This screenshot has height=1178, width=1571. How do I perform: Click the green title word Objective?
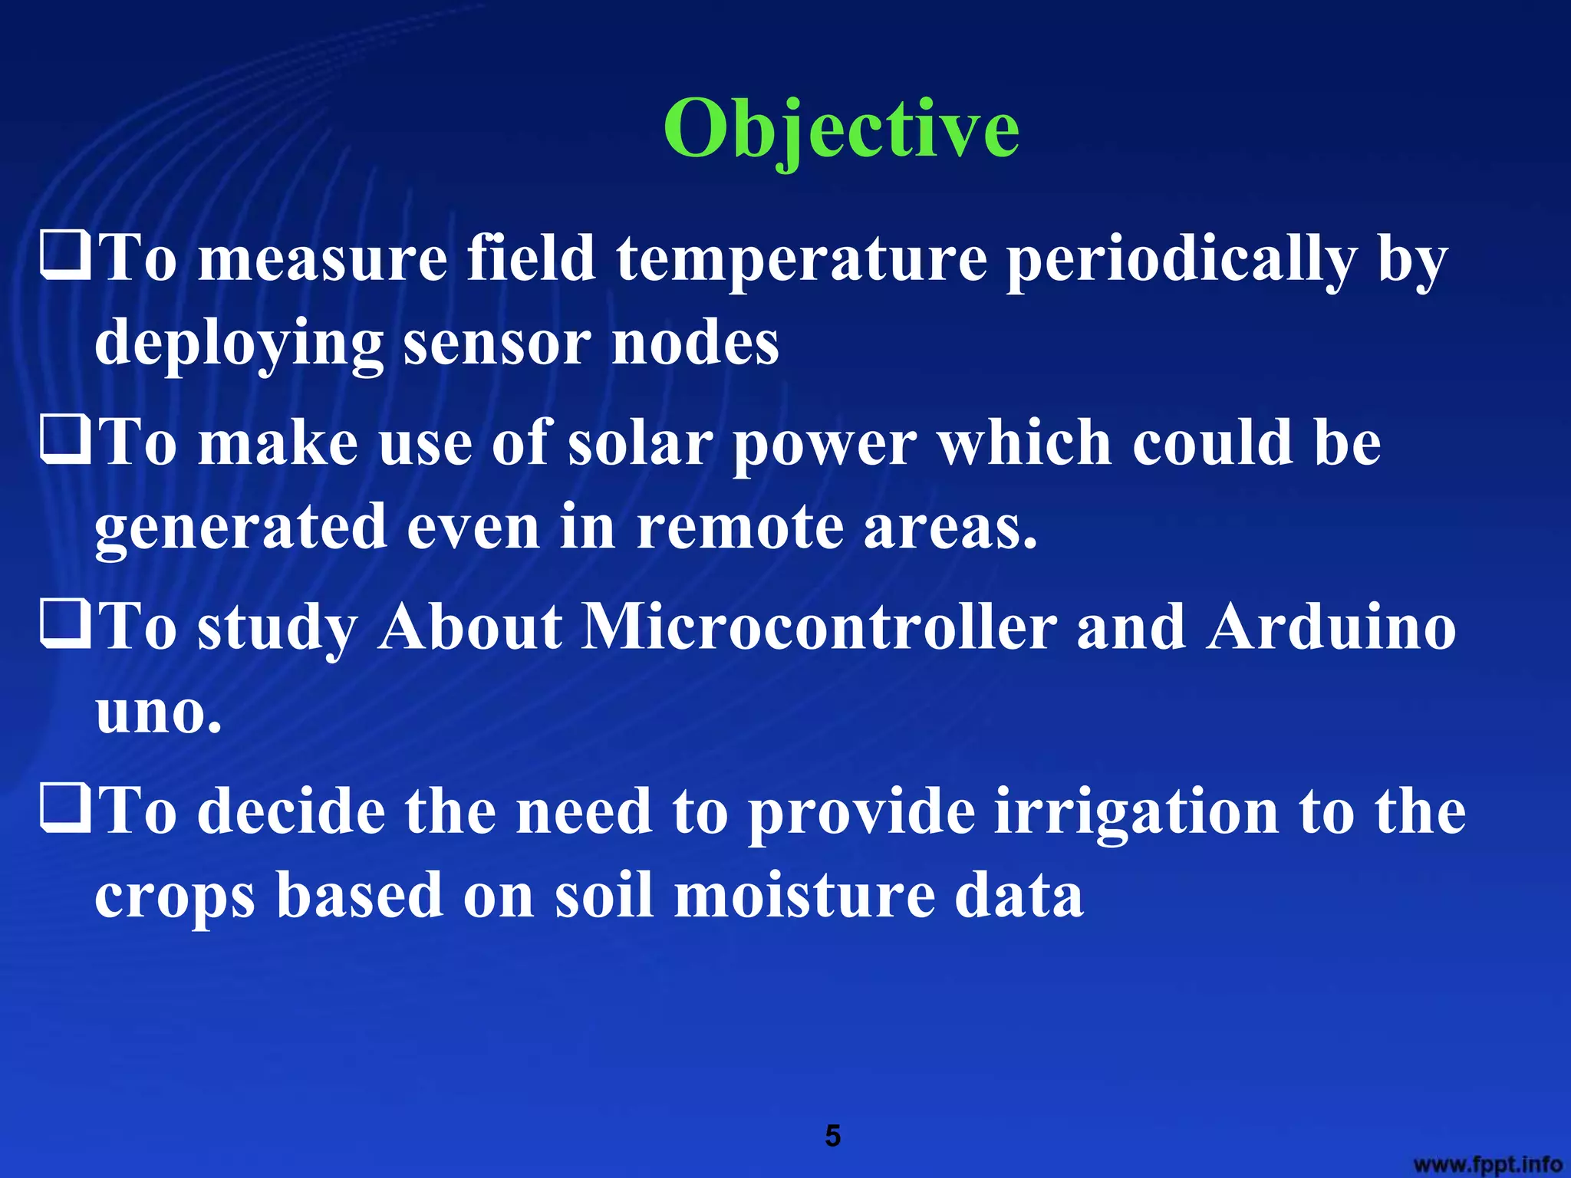pos(841,130)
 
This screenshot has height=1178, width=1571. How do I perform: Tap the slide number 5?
pos(832,1136)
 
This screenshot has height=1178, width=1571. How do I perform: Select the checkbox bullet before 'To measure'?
pos(66,258)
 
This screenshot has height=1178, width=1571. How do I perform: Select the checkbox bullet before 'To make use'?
pos(66,443)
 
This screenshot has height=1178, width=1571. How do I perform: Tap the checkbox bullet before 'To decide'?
pos(66,811)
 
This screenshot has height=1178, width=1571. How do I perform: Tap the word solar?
pos(641,443)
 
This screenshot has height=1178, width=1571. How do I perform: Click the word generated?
pos(241,528)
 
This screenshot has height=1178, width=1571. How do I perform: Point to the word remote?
pos(740,528)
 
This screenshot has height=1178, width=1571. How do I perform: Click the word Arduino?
pos(1330,627)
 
